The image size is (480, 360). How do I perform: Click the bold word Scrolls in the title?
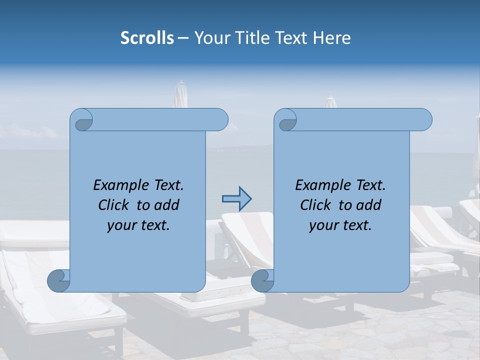(x=147, y=38)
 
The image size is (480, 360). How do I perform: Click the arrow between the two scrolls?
(x=236, y=199)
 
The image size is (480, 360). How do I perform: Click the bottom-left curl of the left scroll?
(x=59, y=280)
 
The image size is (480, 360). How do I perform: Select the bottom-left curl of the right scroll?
(x=263, y=280)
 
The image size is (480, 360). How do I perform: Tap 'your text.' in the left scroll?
(x=138, y=225)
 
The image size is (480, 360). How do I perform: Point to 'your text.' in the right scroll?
(x=340, y=225)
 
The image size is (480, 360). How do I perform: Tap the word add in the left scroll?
(x=166, y=205)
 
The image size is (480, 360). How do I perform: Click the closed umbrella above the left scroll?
(x=180, y=95)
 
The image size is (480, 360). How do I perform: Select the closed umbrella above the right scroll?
(x=331, y=102)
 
